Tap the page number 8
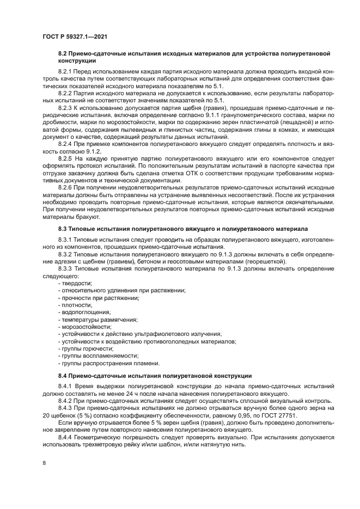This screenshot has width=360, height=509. tap(44, 463)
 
